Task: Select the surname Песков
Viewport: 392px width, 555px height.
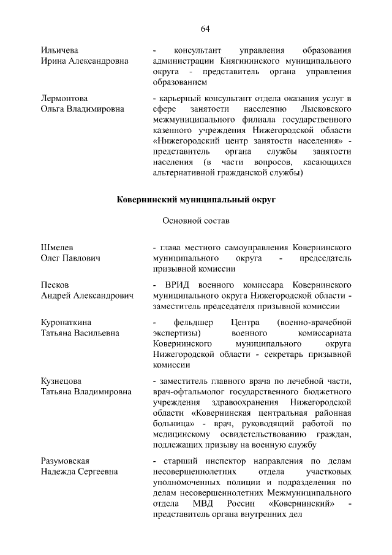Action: pos(55,285)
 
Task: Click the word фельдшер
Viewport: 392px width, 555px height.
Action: pos(194,322)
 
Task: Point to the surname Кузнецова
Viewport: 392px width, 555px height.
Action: pos(61,380)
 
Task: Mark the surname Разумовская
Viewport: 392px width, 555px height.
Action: pos(66,461)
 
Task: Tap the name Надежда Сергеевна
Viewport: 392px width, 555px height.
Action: pos(80,472)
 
